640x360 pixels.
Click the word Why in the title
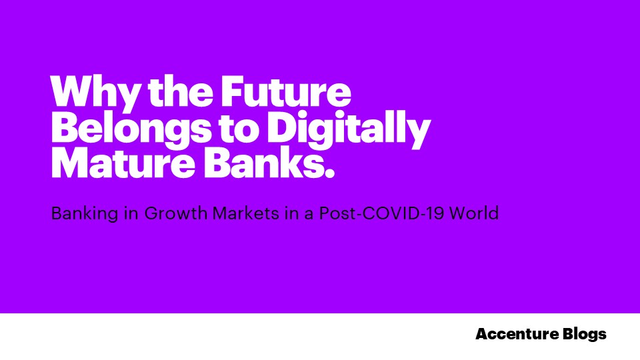point(94,93)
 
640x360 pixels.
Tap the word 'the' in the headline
point(180,91)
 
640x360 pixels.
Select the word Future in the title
point(286,91)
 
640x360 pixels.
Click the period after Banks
point(329,173)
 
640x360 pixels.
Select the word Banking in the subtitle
point(85,214)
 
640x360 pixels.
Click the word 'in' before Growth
point(131,213)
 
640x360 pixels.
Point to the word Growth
point(175,213)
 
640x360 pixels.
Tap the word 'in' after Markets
point(292,213)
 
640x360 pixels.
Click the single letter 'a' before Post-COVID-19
point(309,215)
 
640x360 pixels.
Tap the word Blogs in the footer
point(585,335)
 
